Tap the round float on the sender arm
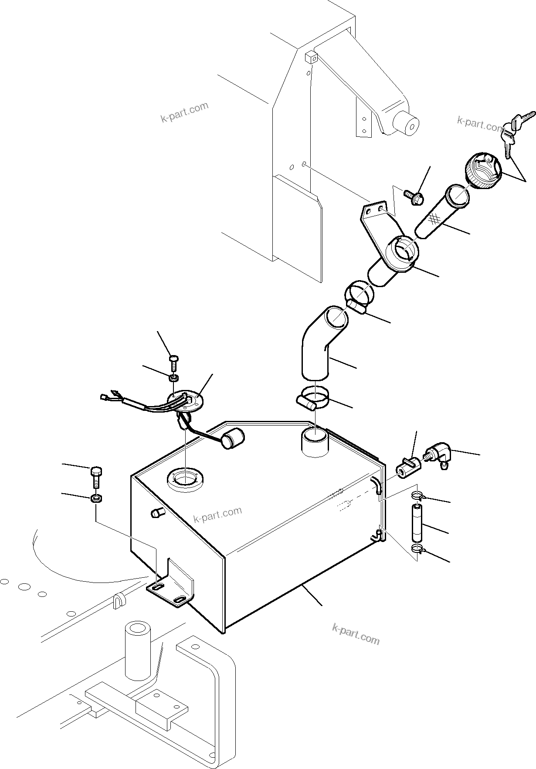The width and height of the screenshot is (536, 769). point(233,438)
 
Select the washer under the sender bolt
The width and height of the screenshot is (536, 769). point(173,377)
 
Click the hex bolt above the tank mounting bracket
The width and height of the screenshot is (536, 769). point(97,478)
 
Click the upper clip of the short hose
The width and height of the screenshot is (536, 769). point(417,495)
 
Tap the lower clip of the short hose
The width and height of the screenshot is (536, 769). point(417,549)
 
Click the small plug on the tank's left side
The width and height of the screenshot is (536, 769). point(156,513)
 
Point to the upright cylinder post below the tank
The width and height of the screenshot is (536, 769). point(138,651)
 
